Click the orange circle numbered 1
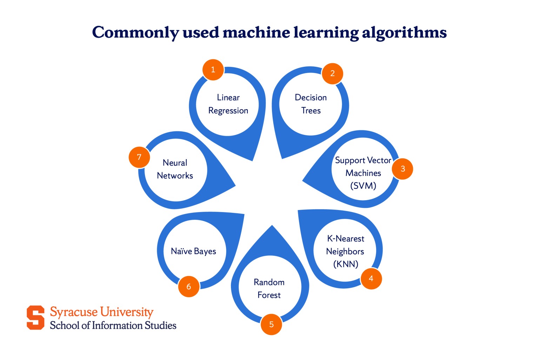[213, 70]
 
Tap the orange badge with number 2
[332, 73]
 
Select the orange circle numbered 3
[402, 169]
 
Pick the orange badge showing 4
[371, 279]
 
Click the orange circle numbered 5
[271, 324]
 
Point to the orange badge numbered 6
[189, 287]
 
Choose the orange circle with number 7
[139, 157]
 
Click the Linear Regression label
[228, 104]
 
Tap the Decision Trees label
[311, 104]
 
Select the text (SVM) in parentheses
[363, 186]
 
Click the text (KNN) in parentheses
[346, 264]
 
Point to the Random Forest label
[269, 289]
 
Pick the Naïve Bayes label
[193, 251]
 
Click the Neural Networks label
[175, 169]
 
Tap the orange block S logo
[35, 318]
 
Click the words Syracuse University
[101, 312]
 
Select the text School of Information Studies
[113, 326]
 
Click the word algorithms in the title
[404, 33]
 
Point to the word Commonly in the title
[135, 33]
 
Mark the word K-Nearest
[346, 239]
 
